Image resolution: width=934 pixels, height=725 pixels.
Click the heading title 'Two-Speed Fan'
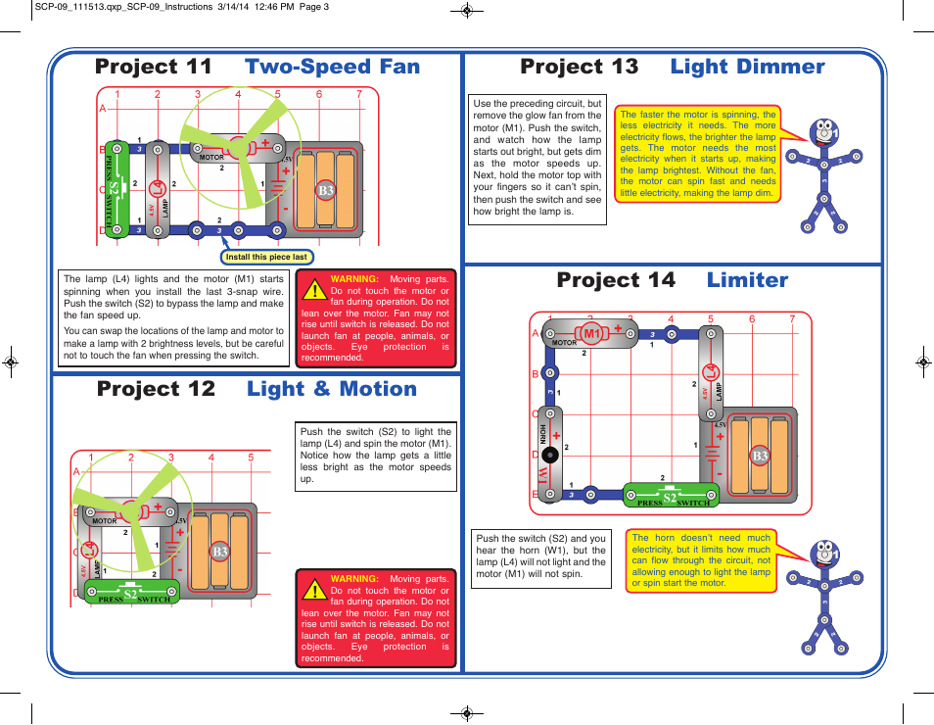click(332, 67)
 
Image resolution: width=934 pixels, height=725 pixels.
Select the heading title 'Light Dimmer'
click(747, 67)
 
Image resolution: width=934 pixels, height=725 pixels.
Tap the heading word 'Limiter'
click(747, 280)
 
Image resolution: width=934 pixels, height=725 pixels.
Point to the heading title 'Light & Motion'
click(332, 389)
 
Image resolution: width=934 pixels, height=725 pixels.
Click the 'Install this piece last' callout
click(266, 258)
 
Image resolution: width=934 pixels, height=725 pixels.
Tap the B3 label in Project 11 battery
click(325, 190)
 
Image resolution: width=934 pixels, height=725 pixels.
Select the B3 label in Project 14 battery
click(760, 456)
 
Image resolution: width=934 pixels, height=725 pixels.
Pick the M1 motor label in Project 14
click(591, 334)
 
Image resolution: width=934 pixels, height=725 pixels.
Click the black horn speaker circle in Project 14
click(550, 455)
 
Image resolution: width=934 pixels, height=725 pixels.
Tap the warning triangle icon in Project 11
click(313, 290)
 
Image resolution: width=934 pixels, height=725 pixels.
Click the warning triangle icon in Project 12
click(313, 590)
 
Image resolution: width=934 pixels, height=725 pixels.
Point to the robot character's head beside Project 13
click(824, 131)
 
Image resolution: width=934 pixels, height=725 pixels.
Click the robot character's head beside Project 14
click(824, 554)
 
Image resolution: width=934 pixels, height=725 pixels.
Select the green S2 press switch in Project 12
click(130, 593)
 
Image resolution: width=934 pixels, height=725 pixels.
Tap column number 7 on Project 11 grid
click(359, 95)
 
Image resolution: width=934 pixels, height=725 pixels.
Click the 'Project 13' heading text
click(579, 67)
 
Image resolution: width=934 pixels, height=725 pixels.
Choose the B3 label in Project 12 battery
click(219, 552)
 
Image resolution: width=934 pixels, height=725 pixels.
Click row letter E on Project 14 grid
click(535, 495)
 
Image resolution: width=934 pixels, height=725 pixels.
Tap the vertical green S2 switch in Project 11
click(115, 189)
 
